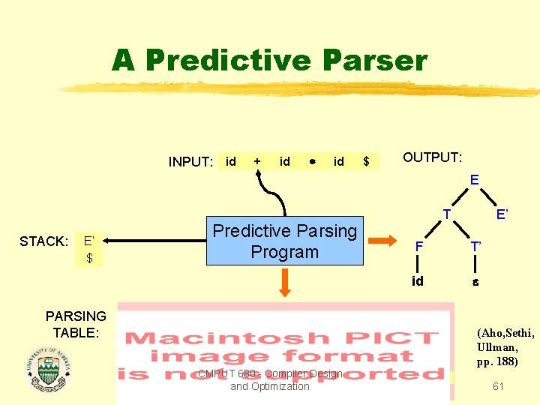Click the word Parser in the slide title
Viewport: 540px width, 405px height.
point(373,60)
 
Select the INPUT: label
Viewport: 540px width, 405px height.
point(191,162)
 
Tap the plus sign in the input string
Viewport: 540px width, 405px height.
point(257,161)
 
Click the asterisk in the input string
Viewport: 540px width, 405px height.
point(311,162)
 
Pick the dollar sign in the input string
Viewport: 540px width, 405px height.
point(366,162)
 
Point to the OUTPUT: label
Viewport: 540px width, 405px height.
point(432,157)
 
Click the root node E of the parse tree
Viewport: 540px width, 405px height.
point(474,180)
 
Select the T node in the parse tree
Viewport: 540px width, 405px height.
point(445,213)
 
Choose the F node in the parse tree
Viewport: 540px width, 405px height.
point(420,245)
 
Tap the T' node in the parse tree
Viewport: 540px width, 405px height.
point(475,245)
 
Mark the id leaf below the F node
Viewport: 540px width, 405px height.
point(418,281)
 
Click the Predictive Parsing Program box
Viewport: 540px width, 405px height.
point(285,241)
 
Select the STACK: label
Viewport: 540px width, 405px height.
point(44,241)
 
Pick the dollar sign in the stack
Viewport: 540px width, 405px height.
point(89,258)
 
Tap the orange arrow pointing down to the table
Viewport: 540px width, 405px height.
point(285,283)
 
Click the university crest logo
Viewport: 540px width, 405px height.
point(47,369)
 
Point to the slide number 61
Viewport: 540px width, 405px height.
point(498,386)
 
